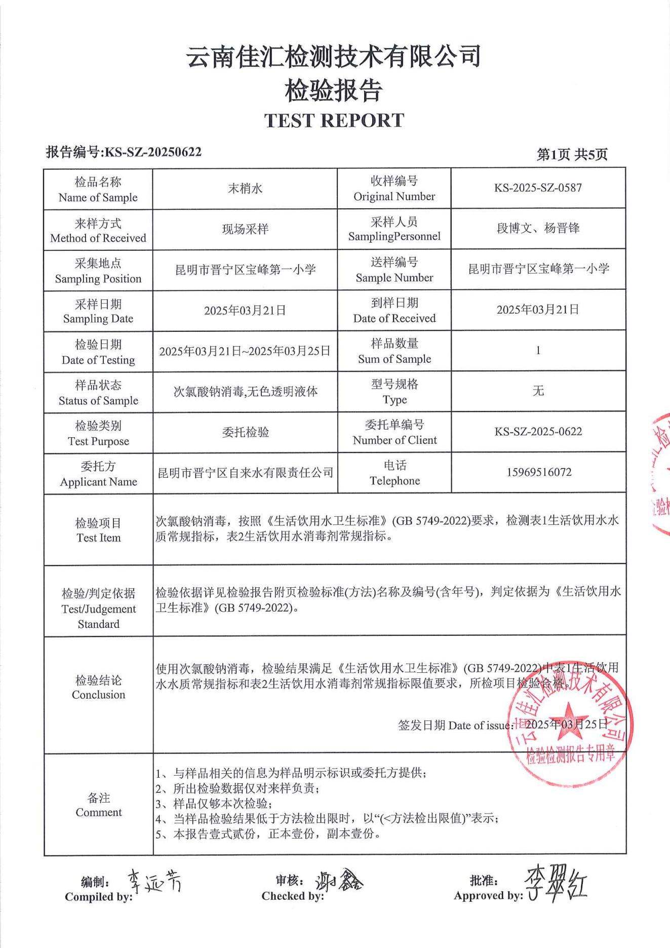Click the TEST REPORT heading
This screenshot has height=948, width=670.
(x=334, y=121)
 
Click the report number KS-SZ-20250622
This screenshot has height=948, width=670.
(x=152, y=152)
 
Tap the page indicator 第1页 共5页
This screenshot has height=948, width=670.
(x=572, y=155)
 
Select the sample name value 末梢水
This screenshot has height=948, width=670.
(x=245, y=188)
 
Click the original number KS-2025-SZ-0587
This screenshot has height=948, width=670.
(x=538, y=188)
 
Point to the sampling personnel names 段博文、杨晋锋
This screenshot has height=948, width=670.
(x=538, y=229)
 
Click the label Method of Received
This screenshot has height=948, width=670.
(x=98, y=238)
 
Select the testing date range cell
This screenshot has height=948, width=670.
(x=245, y=351)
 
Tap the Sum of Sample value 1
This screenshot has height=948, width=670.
(x=538, y=350)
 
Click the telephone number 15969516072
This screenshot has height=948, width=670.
(x=539, y=472)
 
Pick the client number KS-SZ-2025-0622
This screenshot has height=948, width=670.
(x=538, y=432)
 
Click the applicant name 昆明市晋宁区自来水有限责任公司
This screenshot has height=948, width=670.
(x=246, y=473)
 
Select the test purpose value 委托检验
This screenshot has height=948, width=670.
(x=245, y=432)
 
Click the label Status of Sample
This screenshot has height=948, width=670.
(x=98, y=401)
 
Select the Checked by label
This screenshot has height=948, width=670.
(x=292, y=896)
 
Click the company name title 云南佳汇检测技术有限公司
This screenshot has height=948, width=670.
(x=334, y=56)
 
